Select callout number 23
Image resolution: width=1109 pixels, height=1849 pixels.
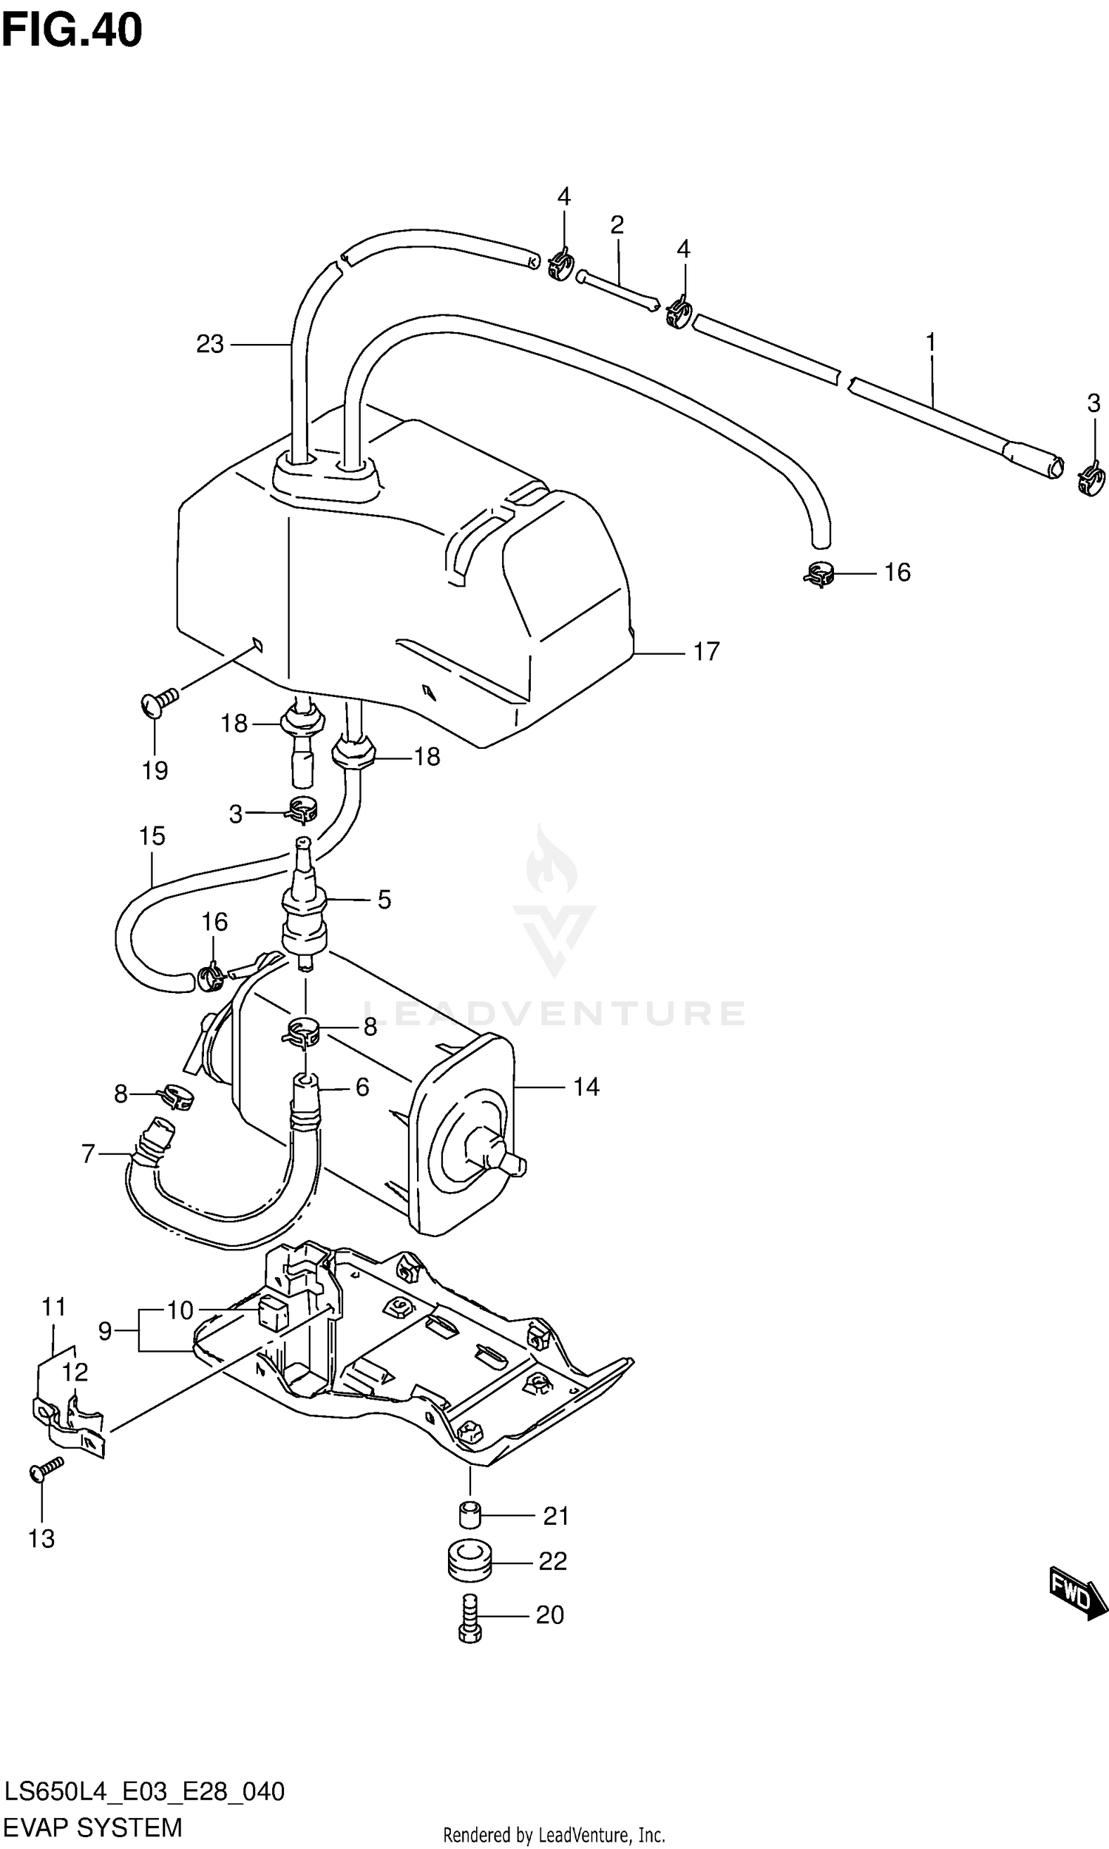coord(210,345)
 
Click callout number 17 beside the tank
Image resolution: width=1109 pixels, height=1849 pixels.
coord(705,652)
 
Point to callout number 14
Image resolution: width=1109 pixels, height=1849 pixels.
coord(586,1087)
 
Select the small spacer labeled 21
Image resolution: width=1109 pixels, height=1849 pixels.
coord(468,1515)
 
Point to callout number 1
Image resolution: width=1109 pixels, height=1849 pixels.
coord(930,343)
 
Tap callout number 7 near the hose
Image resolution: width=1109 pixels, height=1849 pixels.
coord(88,1154)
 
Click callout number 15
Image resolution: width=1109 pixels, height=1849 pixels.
coord(152,836)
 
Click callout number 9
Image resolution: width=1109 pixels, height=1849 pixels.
coord(106,1331)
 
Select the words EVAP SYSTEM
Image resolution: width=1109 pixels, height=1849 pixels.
coord(92,1828)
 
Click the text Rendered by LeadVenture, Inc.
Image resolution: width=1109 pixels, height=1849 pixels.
coord(554,1835)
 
